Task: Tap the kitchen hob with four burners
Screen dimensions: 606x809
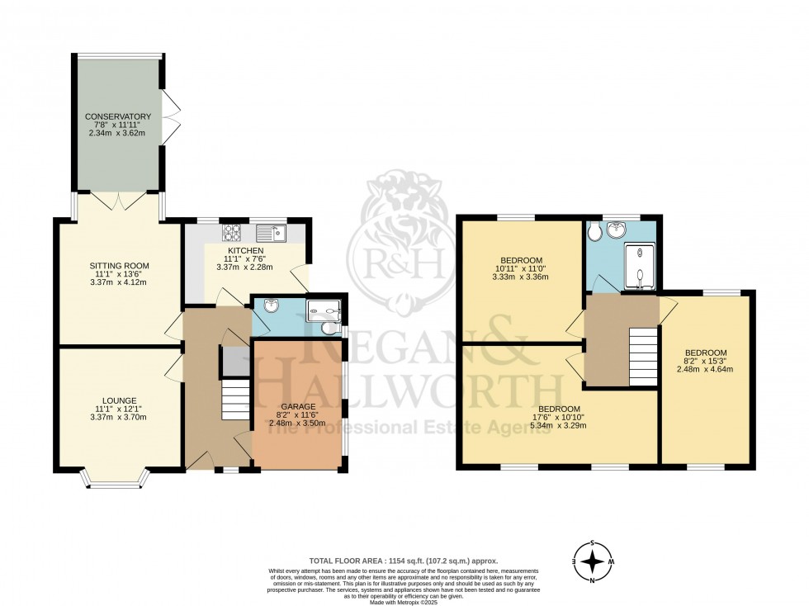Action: click(230, 231)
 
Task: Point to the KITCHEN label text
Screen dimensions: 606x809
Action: click(246, 250)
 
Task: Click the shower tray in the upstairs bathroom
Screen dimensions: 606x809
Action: click(641, 267)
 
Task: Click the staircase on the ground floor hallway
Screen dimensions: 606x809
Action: click(234, 396)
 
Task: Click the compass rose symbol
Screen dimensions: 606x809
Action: click(592, 561)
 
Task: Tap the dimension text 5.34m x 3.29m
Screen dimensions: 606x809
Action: click(559, 427)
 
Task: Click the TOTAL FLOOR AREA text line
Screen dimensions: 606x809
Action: click(404, 560)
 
